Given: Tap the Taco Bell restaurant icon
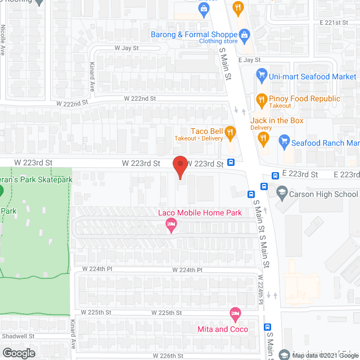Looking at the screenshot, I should (x=229, y=133).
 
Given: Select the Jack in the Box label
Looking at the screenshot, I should (x=277, y=121).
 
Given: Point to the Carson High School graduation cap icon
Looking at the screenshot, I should (x=281, y=193).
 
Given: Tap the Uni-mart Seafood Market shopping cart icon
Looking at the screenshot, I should (x=261, y=75).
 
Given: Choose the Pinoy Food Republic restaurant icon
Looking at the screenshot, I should (x=261, y=101).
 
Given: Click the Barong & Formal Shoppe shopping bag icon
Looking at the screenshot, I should (x=245, y=35).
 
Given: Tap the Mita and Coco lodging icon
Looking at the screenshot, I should (x=235, y=313).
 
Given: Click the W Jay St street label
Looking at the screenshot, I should (x=127, y=48).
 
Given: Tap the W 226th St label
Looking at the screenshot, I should (x=168, y=356).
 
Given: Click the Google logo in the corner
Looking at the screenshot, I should (x=18, y=353).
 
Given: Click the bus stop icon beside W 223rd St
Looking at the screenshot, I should (x=231, y=163).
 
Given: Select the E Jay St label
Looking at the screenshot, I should (x=249, y=60).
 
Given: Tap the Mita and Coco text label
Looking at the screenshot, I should (x=223, y=329).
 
